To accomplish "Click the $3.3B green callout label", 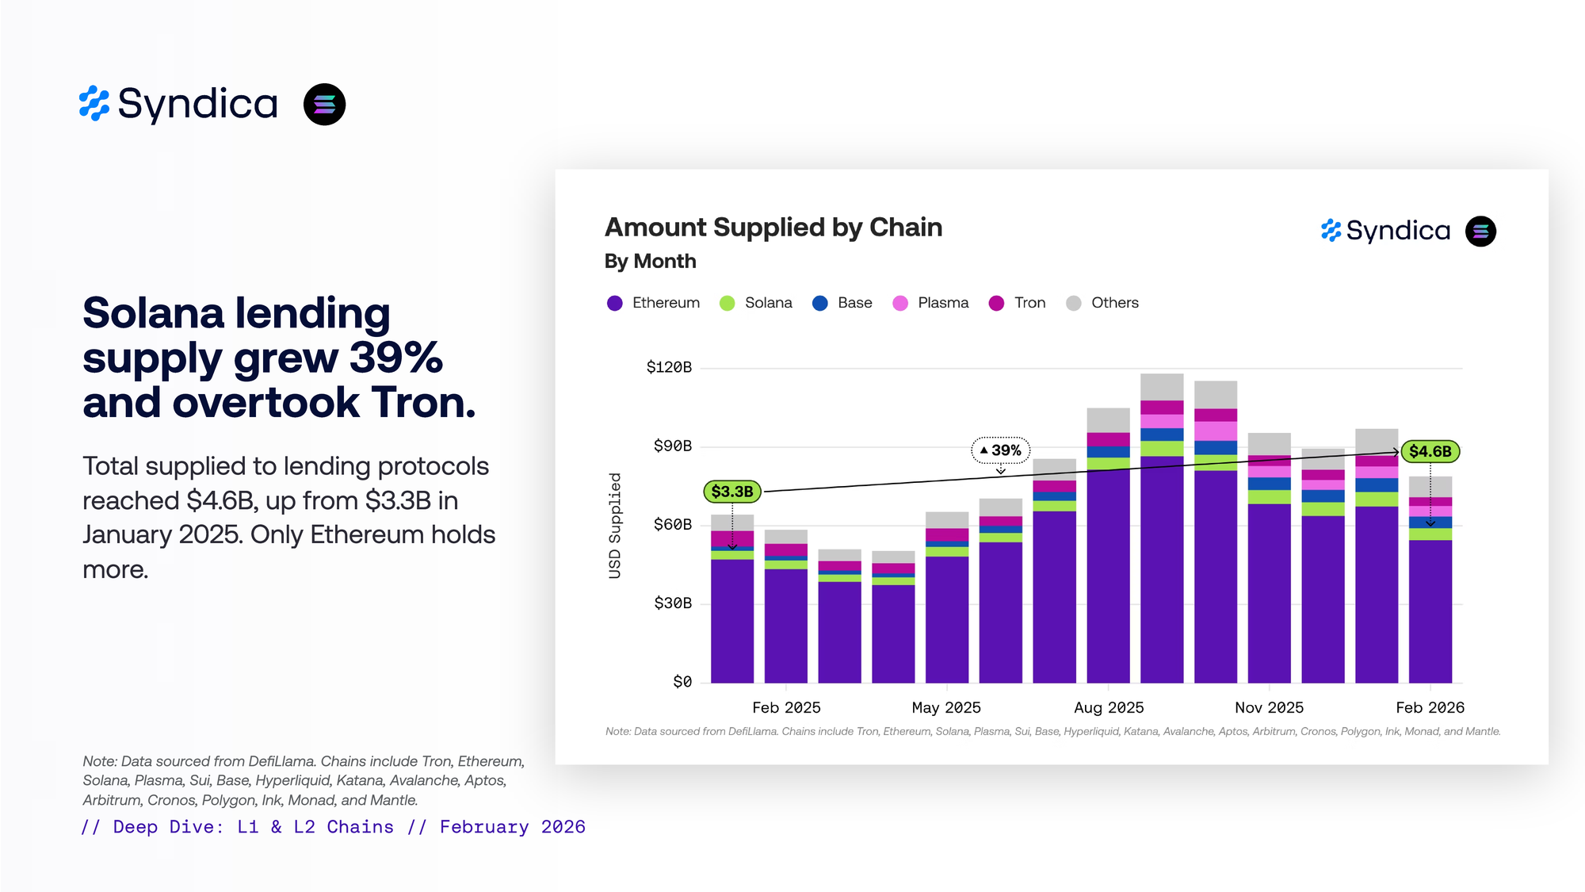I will [732, 492].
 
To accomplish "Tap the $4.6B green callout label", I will [1430, 451].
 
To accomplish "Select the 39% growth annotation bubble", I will [1001, 450].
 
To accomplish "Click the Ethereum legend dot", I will [615, 303].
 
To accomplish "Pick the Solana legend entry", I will [756, 303].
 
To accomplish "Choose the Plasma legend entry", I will [930, 303].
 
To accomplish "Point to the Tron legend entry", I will [1018, 303].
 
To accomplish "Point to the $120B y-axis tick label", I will [669, 367].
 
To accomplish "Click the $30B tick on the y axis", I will [673, 603].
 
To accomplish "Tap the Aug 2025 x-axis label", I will [1109, 707].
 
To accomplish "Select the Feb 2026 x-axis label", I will [1430, 707].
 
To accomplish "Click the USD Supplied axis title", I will [615, 526].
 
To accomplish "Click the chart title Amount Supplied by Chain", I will [773, 228].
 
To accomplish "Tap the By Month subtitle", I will [650, 261].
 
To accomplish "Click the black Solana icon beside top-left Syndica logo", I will [325, 105].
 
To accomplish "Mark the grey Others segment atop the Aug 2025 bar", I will [1108, 419].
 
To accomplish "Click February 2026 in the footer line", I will [512, 827].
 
